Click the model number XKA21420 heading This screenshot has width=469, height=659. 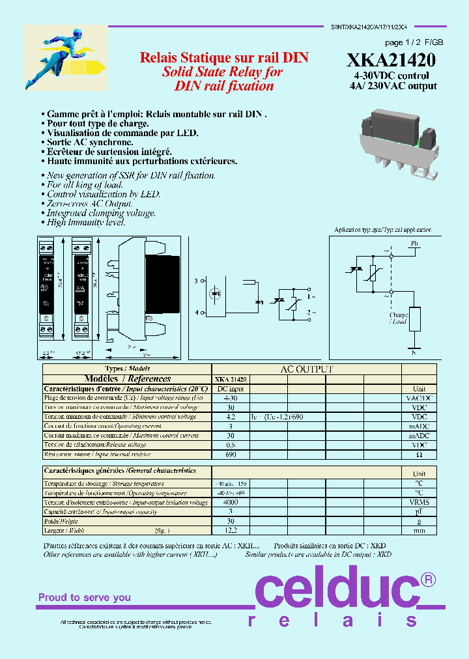[x=391, y=60]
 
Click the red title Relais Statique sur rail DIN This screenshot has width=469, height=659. [x=224, y=58]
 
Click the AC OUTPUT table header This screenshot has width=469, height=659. [x=306, y=369]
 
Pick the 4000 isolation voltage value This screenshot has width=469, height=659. [x=230, y=502]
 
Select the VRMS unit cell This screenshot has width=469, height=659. [x=419, y=502]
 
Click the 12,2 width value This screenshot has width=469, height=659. [x=230, y=531]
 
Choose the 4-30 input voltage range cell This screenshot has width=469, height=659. [x=230, y=397]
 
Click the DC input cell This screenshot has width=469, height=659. [x=230, y=388]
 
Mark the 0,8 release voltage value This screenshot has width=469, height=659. [x=230, y=445]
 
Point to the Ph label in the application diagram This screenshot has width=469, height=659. [x=414, y=244]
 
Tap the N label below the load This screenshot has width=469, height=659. [x=413, y=352]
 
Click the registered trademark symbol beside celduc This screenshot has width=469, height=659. [x=427, y=579]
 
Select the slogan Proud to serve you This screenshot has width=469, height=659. [x=84, y=597]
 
